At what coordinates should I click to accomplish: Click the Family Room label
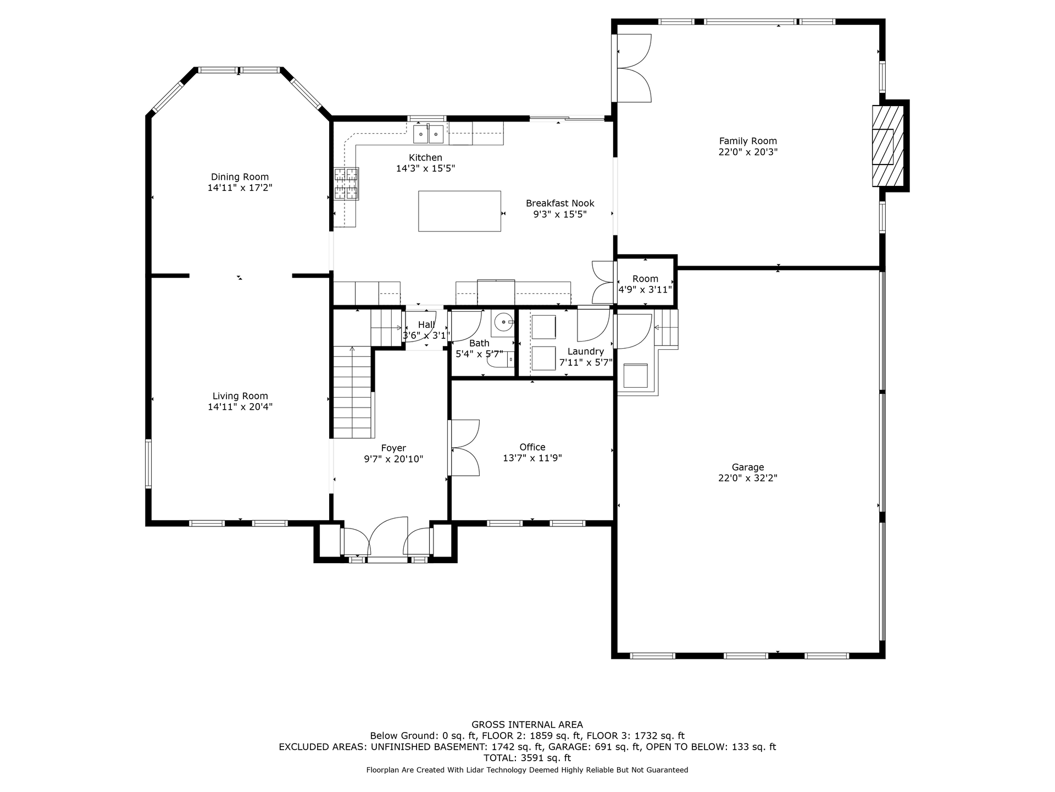coord(748,141)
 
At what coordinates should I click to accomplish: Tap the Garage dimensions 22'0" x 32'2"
coord(748,479)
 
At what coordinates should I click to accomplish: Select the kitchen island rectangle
coord(459,211)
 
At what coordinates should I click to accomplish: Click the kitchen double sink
coord(429,134)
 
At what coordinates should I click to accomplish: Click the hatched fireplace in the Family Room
coord(888,146)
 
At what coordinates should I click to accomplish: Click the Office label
coord(532,447)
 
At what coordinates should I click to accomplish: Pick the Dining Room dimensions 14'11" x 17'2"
coord(240,188)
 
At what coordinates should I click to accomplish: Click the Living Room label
coord(240,396)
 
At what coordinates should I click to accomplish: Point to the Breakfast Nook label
coord(560,204)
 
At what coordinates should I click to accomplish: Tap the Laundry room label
coord(586,351)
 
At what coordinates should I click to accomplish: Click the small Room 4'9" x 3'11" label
coord(645,284)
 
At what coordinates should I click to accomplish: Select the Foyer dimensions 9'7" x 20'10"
coord(393,459)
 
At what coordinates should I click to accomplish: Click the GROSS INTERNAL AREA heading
coord(527,725)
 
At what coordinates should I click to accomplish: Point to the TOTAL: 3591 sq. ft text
coord(527,758)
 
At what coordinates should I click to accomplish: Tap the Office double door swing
coord(464,448)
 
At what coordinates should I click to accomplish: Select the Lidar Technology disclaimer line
coord(527,770)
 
